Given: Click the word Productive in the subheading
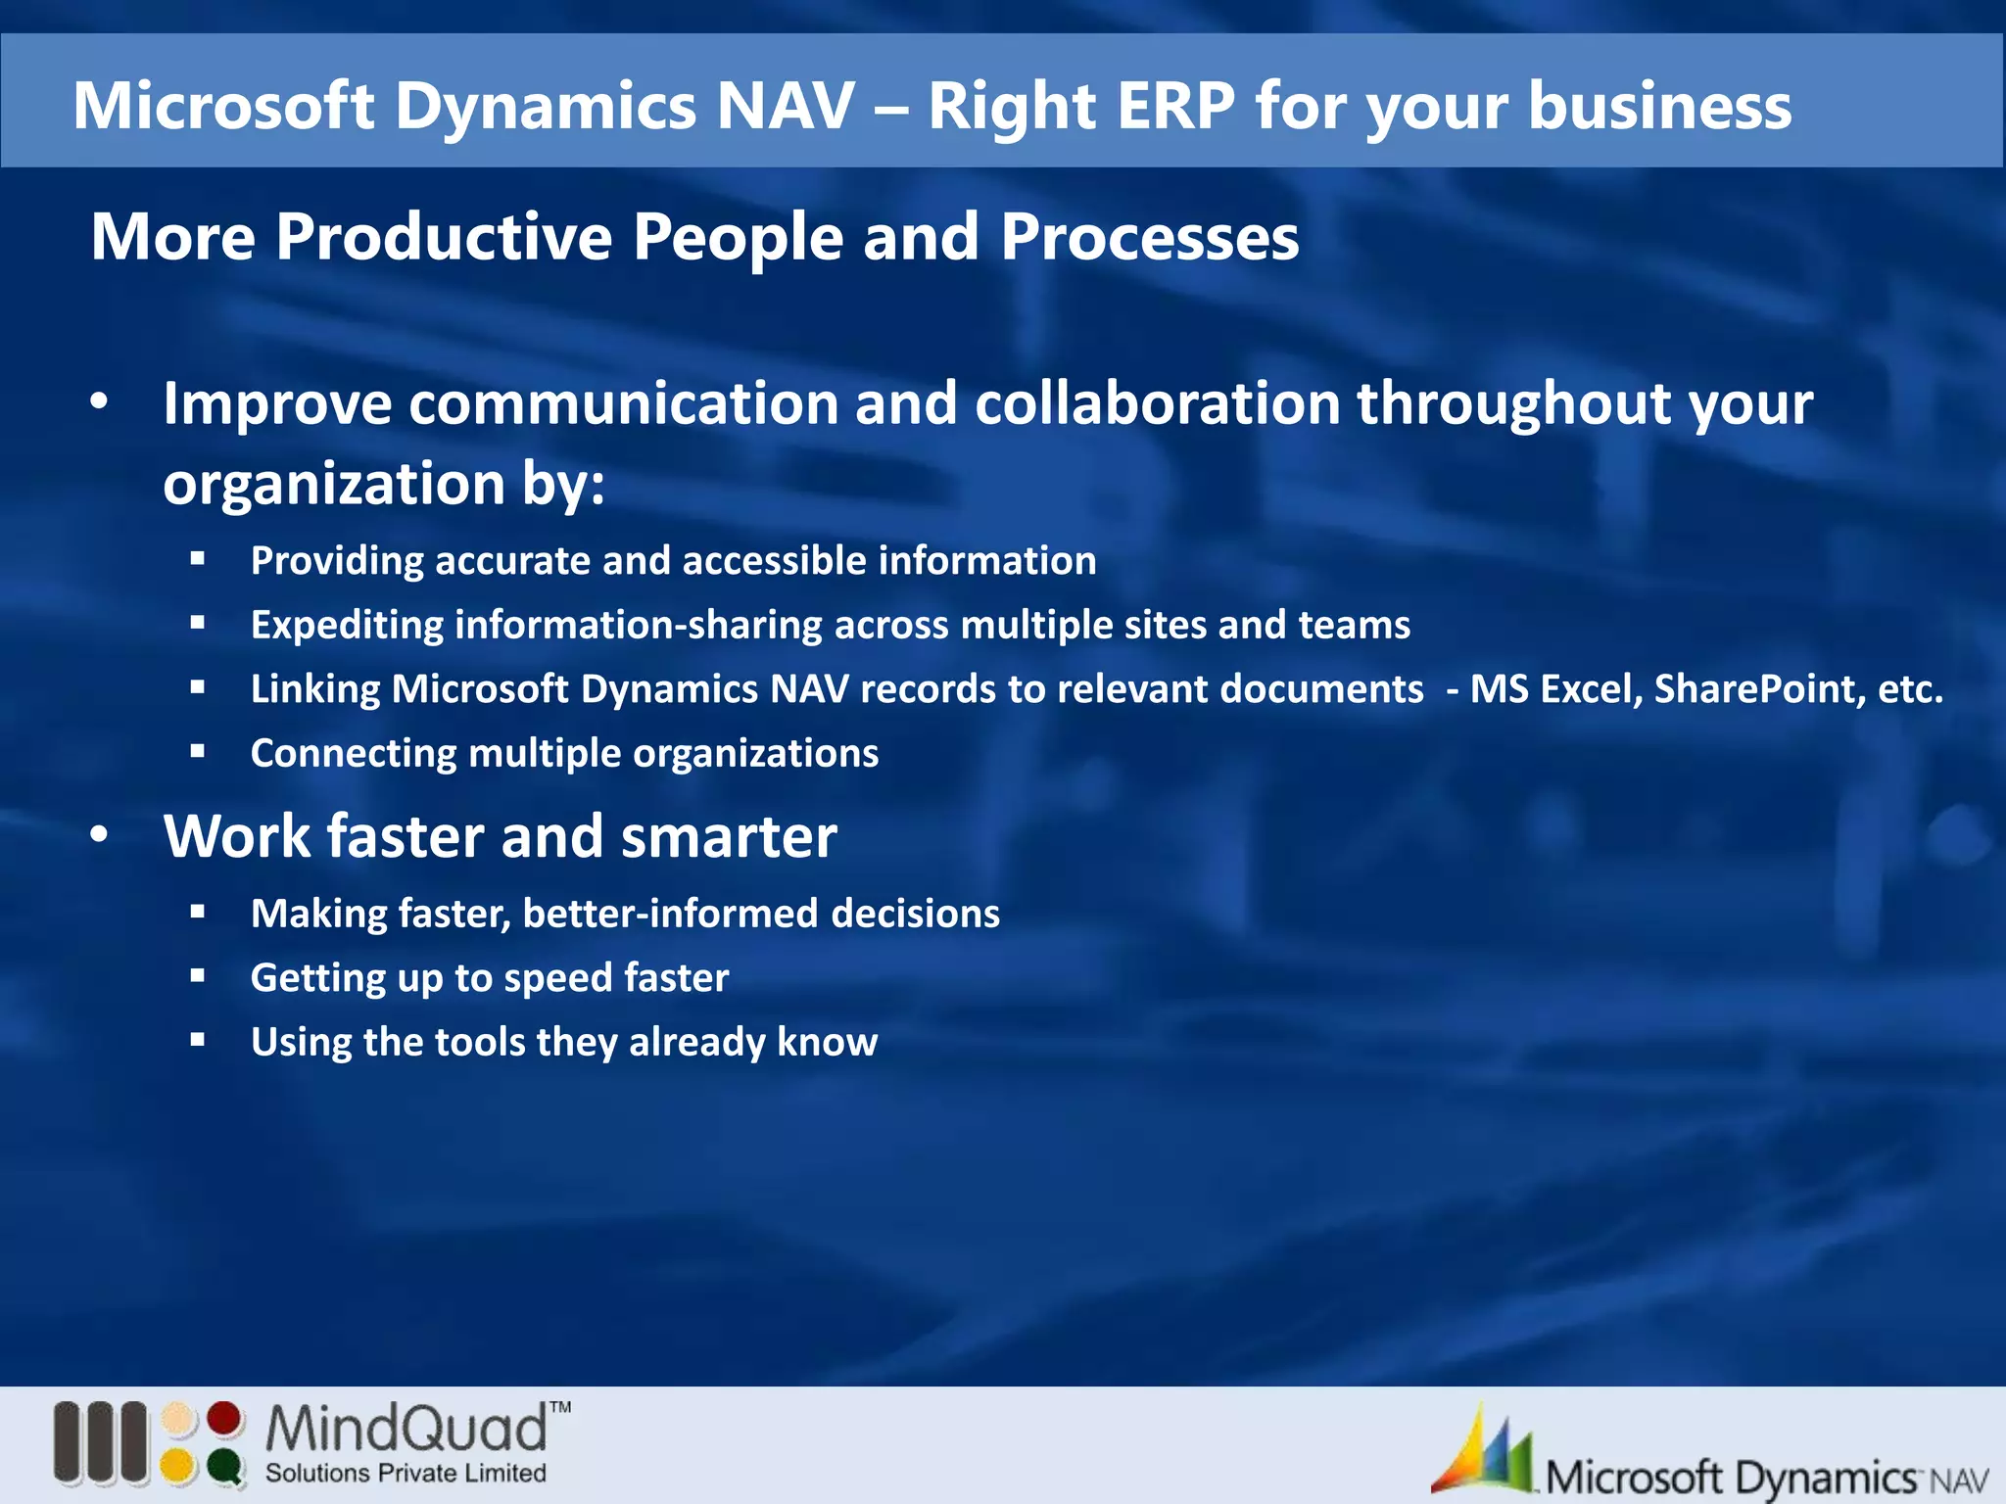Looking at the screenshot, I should (x=443, y=237).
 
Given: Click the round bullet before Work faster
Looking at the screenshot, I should (x=99, y=836).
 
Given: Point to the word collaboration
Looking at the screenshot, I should (x=1157, y=403).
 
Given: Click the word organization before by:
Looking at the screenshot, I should (x=333, y=484).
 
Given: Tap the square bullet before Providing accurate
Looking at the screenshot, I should (x=198, y=559).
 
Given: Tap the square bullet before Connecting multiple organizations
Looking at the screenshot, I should (x=198, y=752).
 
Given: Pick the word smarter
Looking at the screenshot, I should (x=728, y=837).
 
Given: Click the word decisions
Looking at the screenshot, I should (x=915, y=914).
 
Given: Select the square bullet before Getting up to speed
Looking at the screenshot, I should (x=198, y=976).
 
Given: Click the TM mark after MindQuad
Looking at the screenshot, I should (x=559, y=1408).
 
